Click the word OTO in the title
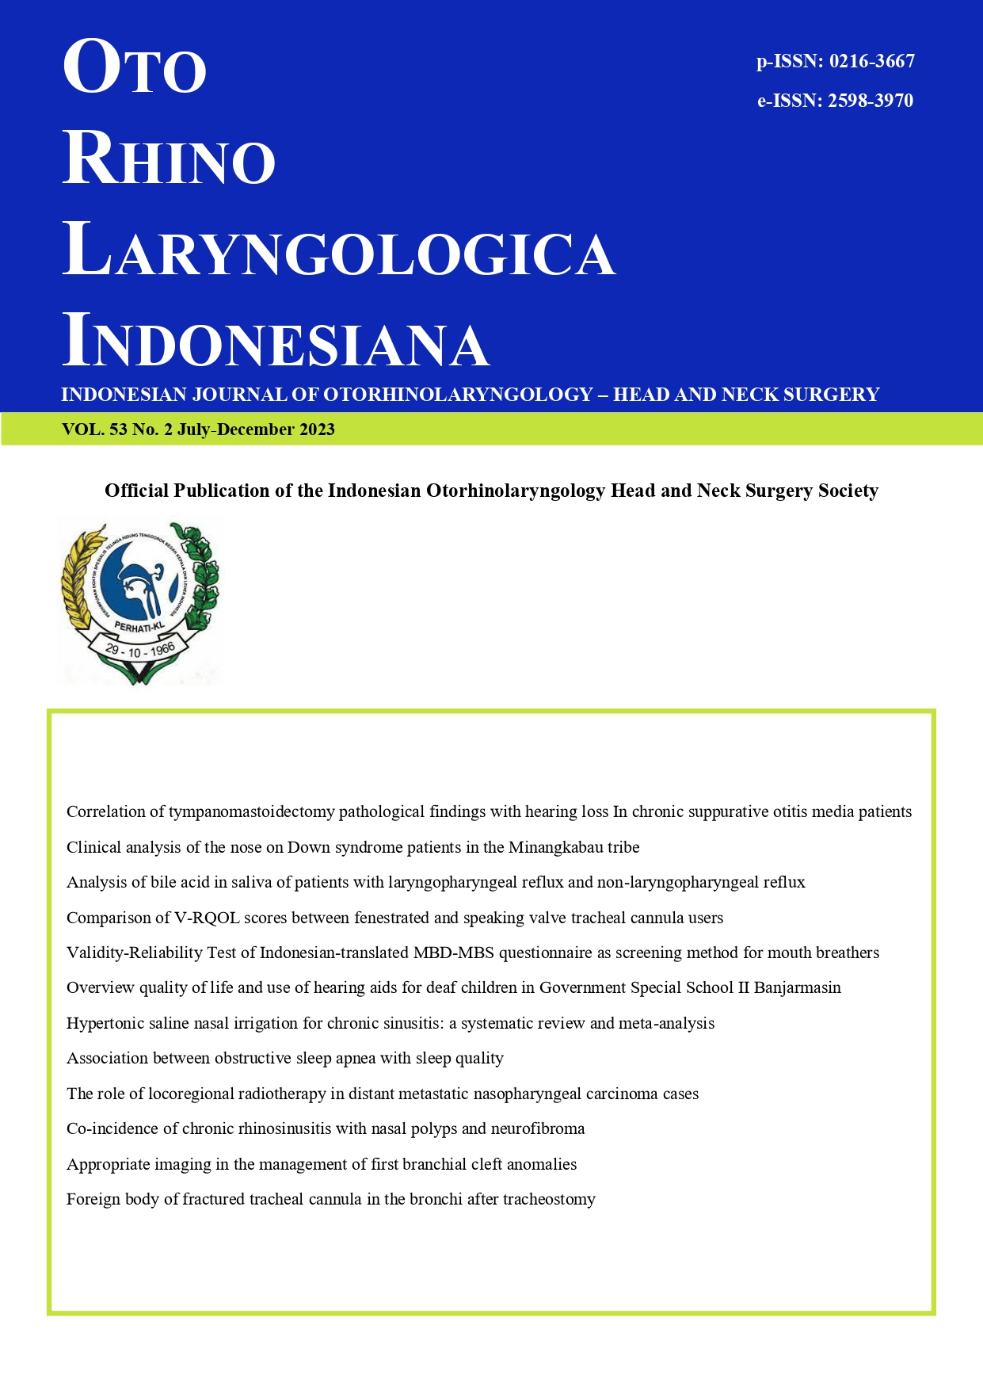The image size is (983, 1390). pos(135,68)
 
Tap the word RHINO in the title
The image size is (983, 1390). pos(169,159)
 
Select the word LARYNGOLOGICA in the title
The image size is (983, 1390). pos(339,252)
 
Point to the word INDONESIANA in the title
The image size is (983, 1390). pos(276,342)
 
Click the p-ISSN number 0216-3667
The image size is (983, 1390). pos(871,62)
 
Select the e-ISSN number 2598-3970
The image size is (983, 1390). pos(871,101)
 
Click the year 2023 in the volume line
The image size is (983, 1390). pos(317,430)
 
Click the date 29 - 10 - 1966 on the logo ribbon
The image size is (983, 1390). pos(139,652)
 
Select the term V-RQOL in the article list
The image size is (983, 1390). pos(206,918)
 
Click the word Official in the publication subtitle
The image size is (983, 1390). pos(136,491)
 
